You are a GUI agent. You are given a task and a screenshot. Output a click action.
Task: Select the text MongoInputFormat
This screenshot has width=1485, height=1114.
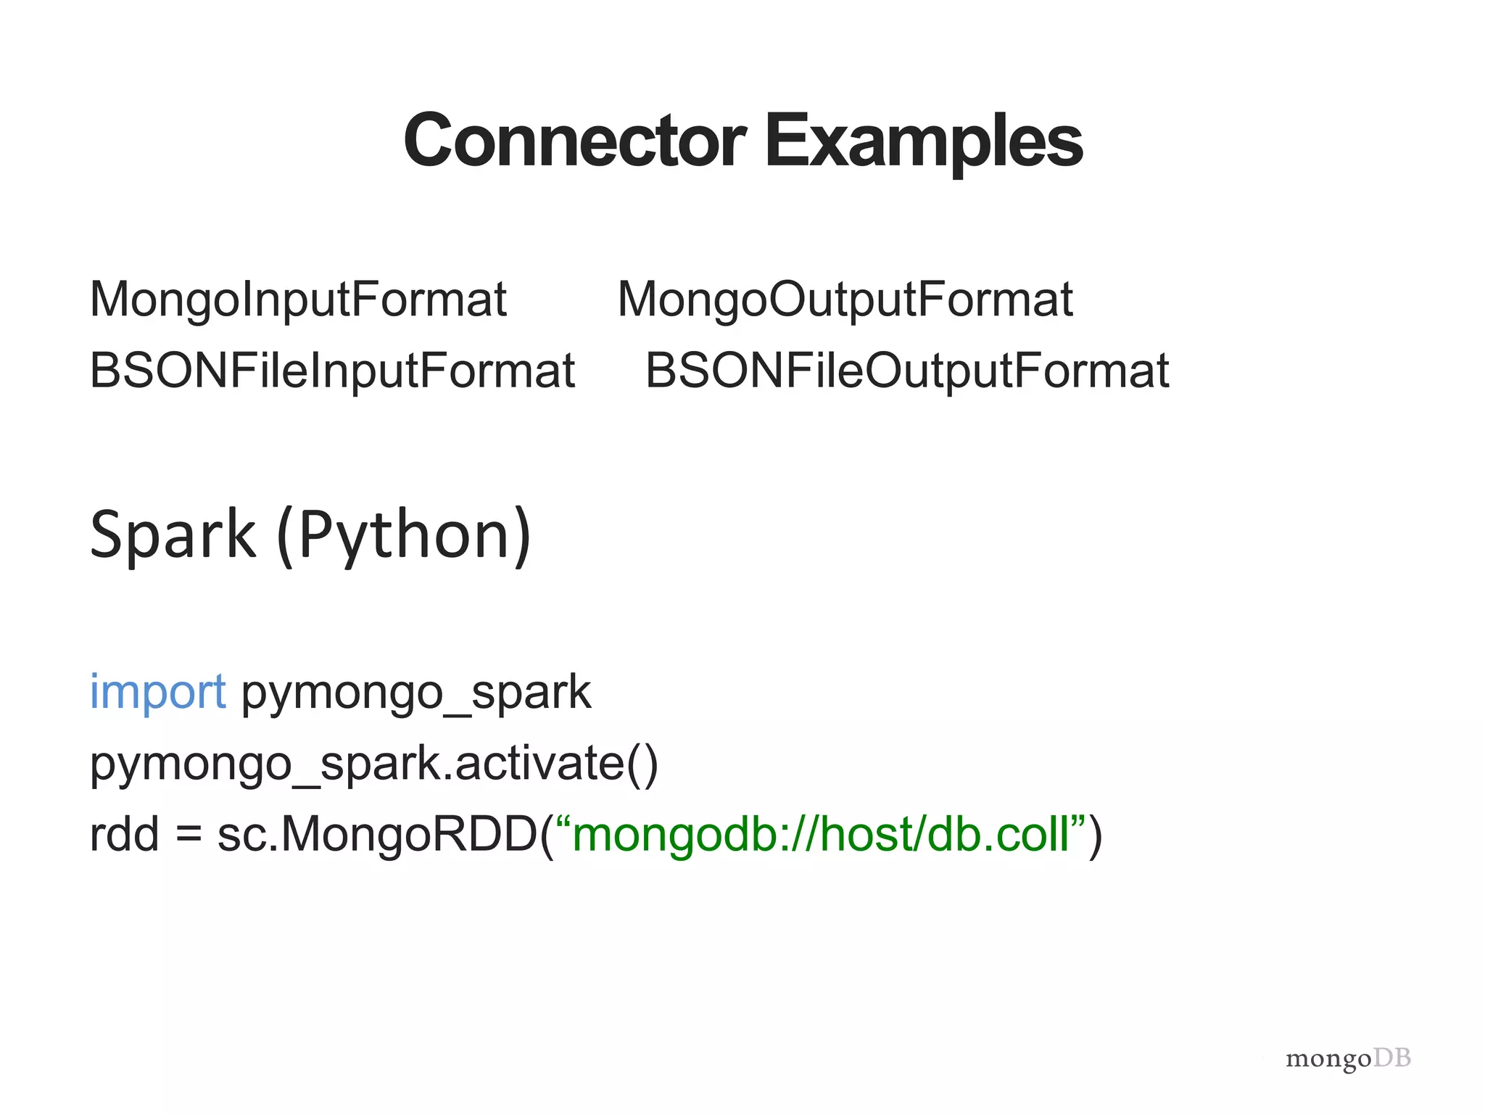(x=298, y=300)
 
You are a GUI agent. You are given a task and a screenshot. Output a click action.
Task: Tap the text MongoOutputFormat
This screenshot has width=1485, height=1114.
(x=845, y=300)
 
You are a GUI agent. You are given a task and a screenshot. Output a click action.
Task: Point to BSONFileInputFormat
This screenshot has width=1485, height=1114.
(x=332, y=371)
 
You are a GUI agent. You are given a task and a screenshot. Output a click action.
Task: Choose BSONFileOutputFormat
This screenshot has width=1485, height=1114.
(x=907, y=371)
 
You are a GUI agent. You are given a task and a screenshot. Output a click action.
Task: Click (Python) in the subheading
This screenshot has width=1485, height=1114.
(x=404, y=535)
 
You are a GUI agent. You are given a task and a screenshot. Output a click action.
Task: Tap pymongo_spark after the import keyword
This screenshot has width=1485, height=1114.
(x=416, y=693)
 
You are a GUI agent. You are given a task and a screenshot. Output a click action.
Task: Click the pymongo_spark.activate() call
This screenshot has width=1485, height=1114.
(x=373, y=764)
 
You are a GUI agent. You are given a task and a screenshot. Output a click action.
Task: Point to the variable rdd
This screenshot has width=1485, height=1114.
(x=123, y=834)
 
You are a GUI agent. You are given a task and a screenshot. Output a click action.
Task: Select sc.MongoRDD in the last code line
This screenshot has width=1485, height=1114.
(x=377, y=834)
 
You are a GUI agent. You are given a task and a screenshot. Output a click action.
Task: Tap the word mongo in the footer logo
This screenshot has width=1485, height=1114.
(x=1328, y=1059)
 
